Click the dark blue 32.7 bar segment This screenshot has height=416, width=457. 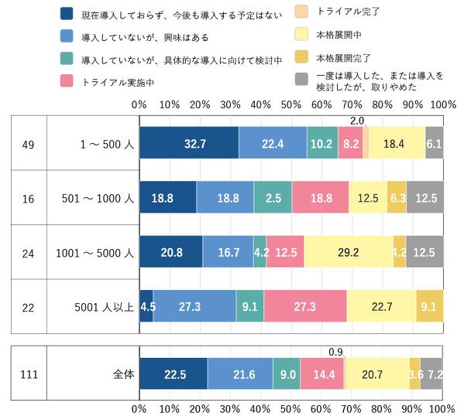coord(189,142)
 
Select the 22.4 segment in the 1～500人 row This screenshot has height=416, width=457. coord(273,142)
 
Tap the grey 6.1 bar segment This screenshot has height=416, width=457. coord(435,142)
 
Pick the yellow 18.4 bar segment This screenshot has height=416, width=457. coord(397,142)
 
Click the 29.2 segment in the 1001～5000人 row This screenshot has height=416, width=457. coord(349,251)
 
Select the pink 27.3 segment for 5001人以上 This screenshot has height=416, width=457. coord(305,306)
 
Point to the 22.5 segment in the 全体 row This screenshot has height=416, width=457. coord(174,373)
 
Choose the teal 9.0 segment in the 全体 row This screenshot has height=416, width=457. coord(287,373)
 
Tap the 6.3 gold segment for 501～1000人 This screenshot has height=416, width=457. coord(397,197)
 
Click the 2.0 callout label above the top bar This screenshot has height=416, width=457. coord(357,121)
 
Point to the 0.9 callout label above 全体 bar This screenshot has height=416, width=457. coord(335,352)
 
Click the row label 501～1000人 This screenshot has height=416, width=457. coord(98,199)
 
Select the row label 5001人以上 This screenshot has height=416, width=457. coord(104,307)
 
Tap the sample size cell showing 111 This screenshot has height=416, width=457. coord(29,374)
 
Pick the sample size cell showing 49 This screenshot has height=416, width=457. coord(28,145)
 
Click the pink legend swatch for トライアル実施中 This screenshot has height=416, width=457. coord(67,81)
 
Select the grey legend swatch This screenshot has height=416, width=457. coord(301,79)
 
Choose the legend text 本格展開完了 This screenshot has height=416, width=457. coord(343,58)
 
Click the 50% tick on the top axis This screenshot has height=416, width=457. coord(291,104)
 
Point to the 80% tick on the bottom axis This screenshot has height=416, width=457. coord(381,409)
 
